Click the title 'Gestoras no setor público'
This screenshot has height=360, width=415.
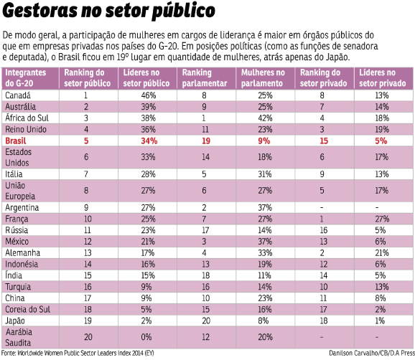click(108, 11)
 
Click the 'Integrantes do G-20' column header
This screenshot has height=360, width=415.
click(25, 78)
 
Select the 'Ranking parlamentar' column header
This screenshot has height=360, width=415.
click(205, 78)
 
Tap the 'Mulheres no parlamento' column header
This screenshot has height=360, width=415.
click(263, 78)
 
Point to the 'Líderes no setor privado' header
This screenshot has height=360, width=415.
click(382, 78)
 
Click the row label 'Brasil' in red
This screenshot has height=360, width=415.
click(16, 141)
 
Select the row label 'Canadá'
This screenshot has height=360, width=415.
click(18, 95)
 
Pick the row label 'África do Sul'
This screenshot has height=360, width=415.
click(27, 118)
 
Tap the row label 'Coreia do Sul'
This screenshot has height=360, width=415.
click(27, 310)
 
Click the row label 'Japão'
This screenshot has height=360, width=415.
click(15, 321)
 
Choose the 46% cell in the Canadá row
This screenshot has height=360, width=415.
click(148, 95)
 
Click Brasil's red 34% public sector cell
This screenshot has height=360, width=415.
click(149, 141)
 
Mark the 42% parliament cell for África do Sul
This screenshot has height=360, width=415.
click(265, 118)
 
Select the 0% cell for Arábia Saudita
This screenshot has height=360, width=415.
click(146, 337)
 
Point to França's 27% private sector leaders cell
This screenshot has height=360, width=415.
click(382, 219)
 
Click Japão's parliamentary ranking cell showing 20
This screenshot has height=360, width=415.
click(206, 321)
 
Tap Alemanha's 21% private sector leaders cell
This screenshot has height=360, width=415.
click(382, 253)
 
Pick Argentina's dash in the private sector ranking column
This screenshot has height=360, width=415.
click(322, 208)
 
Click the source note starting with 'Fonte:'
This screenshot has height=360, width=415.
click(78, 353)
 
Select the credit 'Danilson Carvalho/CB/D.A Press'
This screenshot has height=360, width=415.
click(372, 353)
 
